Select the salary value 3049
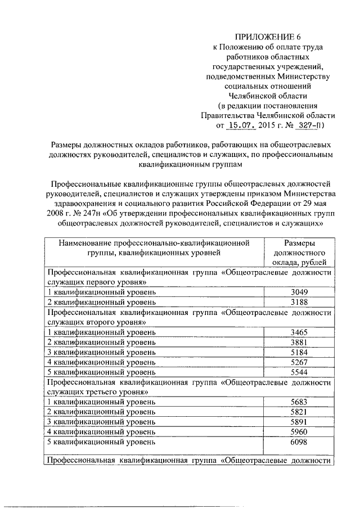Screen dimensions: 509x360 point(298,292)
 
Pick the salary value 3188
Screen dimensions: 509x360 point(298,303)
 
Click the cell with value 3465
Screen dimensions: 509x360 point(298,332)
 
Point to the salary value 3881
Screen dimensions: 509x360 point(298,343)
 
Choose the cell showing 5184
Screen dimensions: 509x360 point(298,352)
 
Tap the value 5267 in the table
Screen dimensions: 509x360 point(298,362)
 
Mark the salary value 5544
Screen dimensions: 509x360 point(298,372)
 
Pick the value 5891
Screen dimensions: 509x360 point(298,422)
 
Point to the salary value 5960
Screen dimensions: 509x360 point(298,432)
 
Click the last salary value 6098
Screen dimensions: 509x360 point(298,442)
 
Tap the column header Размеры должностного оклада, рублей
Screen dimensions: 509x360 point(299,253)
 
